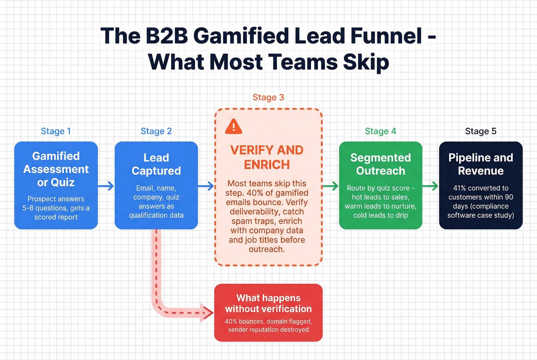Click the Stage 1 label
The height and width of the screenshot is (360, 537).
(x=56, y=131)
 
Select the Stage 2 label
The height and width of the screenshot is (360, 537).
(x=156, y=131)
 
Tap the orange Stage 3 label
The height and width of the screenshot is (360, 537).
(x=268, y=97)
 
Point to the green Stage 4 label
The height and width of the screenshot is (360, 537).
(x=380, y=131)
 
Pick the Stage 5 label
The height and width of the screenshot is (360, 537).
(x=481, y=131)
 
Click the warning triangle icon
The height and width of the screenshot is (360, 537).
(x=234, y=127)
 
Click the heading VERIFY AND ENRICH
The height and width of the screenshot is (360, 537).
(x=267, y=157)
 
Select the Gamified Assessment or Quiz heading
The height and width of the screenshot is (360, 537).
(x=56, y=169)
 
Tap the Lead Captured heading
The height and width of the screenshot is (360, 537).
(x=156, y=164)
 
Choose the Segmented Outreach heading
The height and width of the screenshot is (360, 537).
(x=381, y=164)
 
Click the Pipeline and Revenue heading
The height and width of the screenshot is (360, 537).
(x=481, y=164)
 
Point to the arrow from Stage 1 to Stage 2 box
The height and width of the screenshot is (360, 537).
(x=106, y=186)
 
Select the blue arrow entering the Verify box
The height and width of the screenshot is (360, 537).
(x=206, y=186)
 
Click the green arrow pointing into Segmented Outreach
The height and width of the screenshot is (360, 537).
(x=331, y=186)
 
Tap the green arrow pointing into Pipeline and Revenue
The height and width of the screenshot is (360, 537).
(x=430, y=186)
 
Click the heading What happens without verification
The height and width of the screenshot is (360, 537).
(x=268, y=303)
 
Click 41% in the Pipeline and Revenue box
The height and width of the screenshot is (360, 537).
(x=460, y=188)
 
